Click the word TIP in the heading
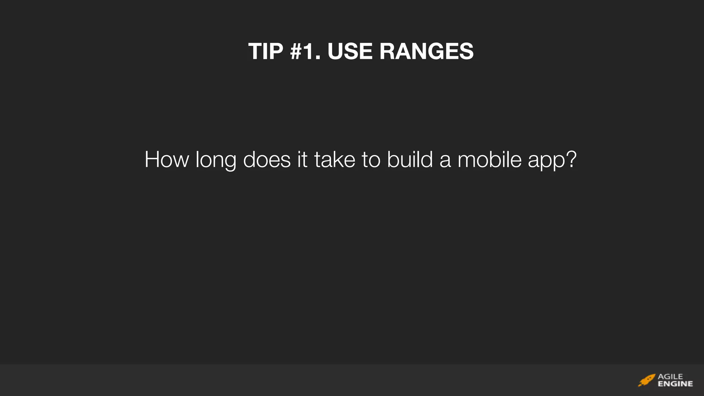pyautogui.click(x=265, y=52)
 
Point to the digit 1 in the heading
pyautogui.click(x=311, y=52)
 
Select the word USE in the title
pyautogui.click(x=350, y=52)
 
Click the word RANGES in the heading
pyautogui.click(x=426, y=52)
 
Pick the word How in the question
pyautogui.click(x=167, y=159)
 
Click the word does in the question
pyautogui.click(x=267, y=159)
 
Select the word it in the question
pyautogui.click(x=302, y=159)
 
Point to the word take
pyautogui.click(x=334, y=159)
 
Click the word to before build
pyautogui.click(x=371, y=160)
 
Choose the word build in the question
pyautogui.click(x=410, y=159)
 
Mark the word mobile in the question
pyautogui.click(x=489, y=159)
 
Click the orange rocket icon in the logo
pyautogui.click(x=647, y=380)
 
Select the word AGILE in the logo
pyautogui.click(x=670, y=376)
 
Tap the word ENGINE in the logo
pyautogui.click(x=675, y=384)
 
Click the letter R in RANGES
pyautogui.click(x=388, y=52)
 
